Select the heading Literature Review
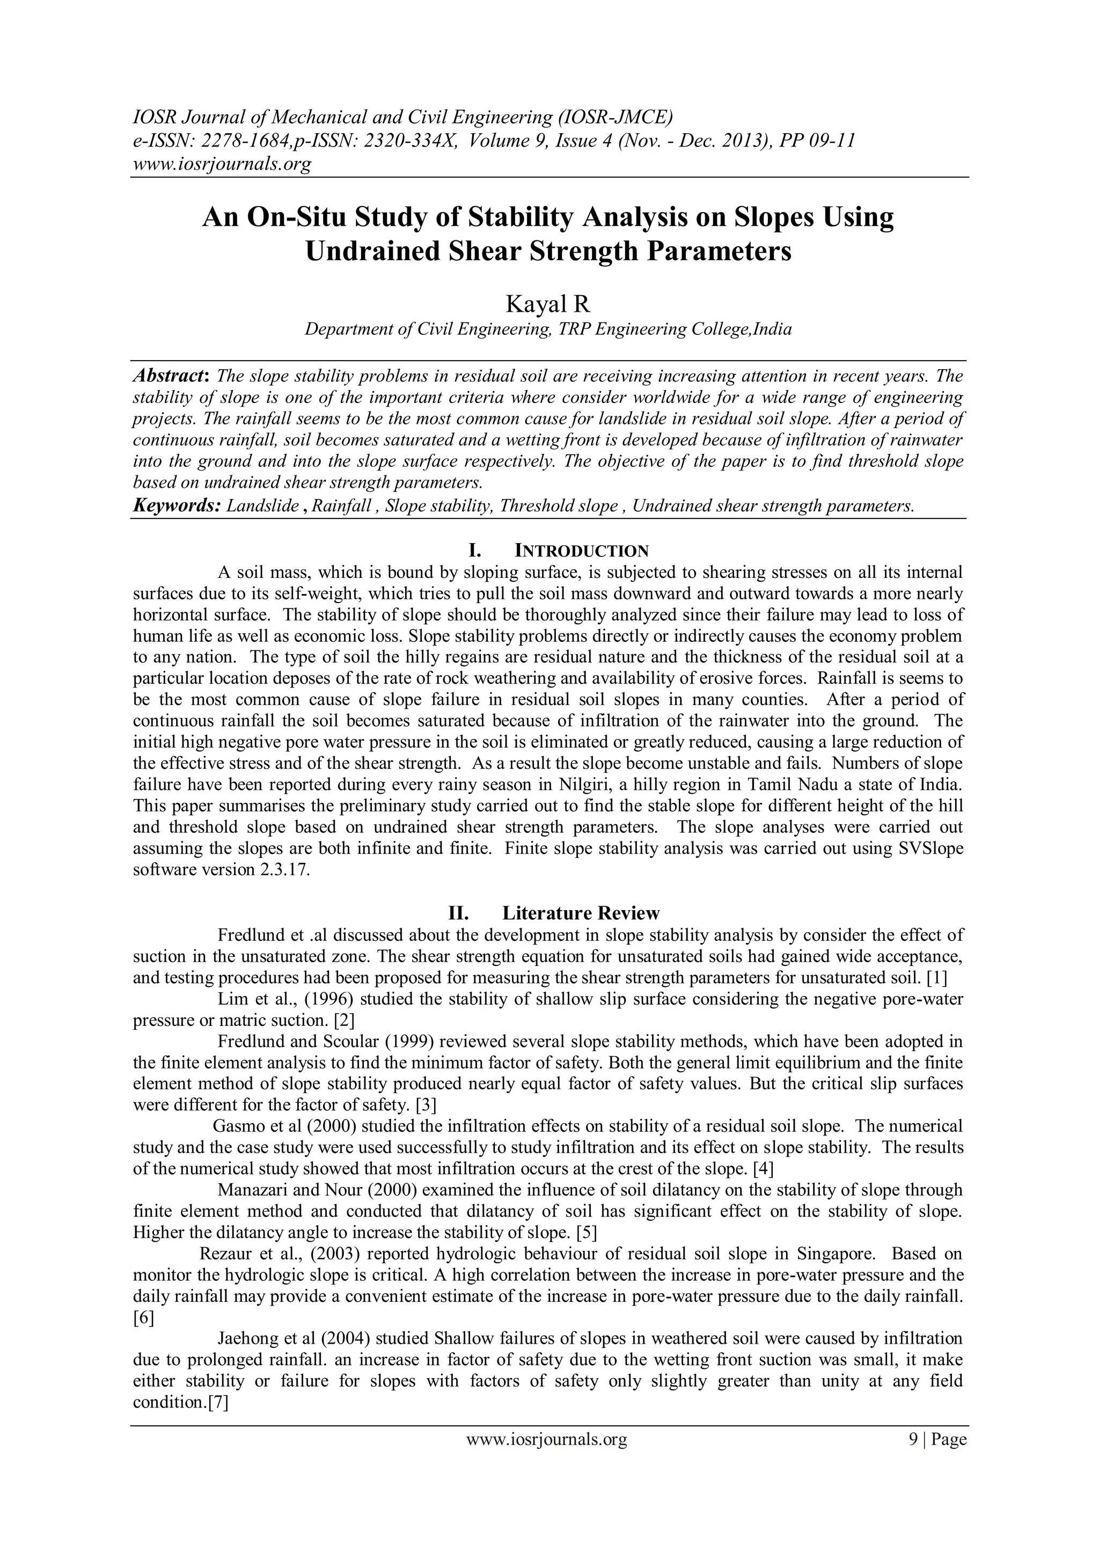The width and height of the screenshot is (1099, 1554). point(581,913)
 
